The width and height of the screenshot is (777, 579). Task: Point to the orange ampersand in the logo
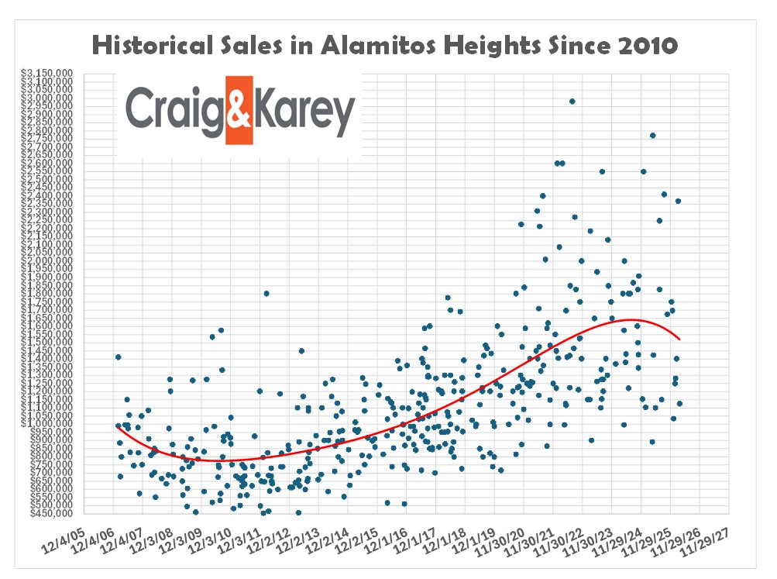239,109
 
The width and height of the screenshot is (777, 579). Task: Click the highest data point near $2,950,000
572,101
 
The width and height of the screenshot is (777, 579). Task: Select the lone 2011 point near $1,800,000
266,293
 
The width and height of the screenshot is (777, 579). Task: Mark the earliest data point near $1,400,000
118,357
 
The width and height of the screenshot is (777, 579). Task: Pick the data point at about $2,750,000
652,135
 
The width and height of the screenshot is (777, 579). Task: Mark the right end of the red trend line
679,339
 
